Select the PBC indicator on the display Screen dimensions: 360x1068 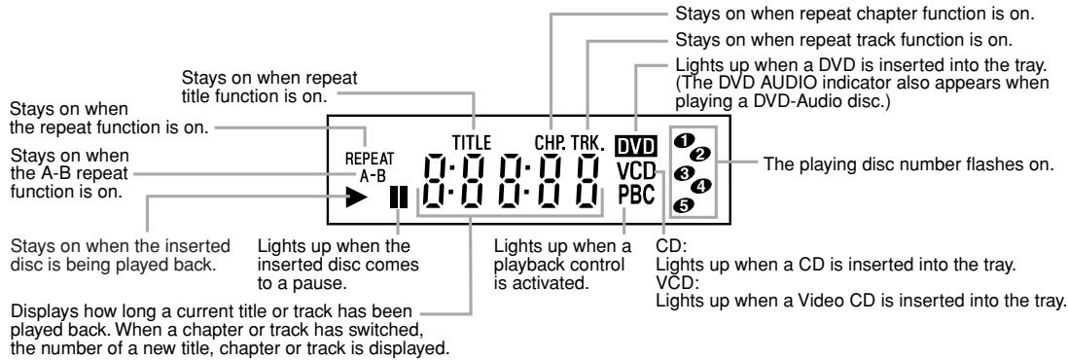[x=638, y=194]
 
